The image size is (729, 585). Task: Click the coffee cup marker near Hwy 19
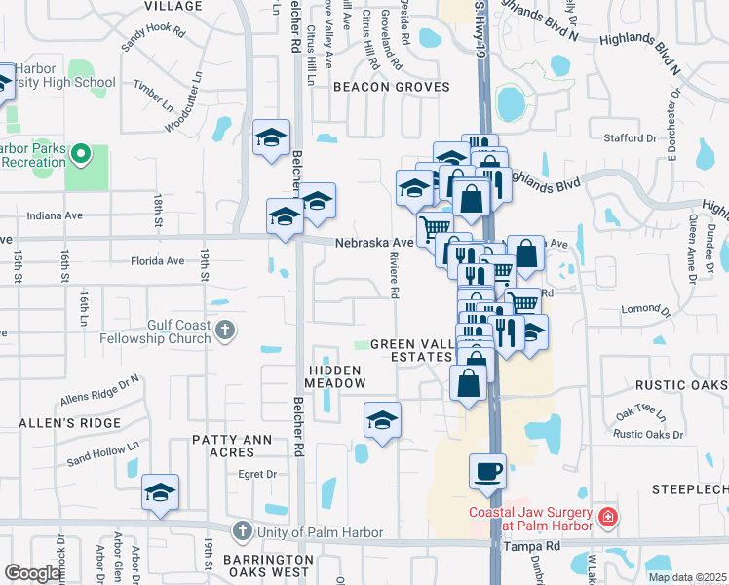(x=487, y=472)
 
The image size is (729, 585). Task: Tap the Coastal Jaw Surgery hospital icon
(x=608, y=516)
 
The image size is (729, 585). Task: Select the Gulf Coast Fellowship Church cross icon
(x=225, y=331)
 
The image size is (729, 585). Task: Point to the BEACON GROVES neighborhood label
(x=392, y=87)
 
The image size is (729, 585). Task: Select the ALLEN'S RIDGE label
(x=71, y=423)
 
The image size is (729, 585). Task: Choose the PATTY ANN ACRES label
(x=231, y=446)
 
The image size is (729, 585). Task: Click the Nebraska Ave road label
(x=375, y=243)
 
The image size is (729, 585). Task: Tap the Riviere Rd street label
(x=395, y=279)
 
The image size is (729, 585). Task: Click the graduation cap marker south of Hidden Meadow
(x=382, y=421)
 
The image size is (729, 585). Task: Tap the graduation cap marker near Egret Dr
(x=161, y=492)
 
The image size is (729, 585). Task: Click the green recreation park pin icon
(x=82, y=153)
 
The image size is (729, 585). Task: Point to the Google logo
(x=32, y=574)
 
